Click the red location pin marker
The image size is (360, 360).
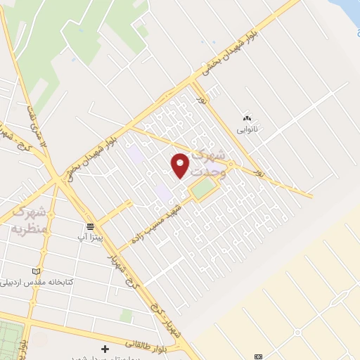pyautogui.click(x=181, y=165)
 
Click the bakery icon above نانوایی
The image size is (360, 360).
pyautogui.click(x=246, y=117)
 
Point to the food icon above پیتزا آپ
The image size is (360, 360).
pyautogui.click(x=90, y=226)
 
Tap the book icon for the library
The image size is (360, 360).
pyautogui.click(x=37, y=271)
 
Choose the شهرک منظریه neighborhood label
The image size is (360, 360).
pyautogui.click(x=28, y=219)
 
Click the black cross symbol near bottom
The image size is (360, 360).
pyautogui.click(x=105, y=349)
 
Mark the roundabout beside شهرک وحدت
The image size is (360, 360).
pyautogui.click(x=231, y=167)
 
